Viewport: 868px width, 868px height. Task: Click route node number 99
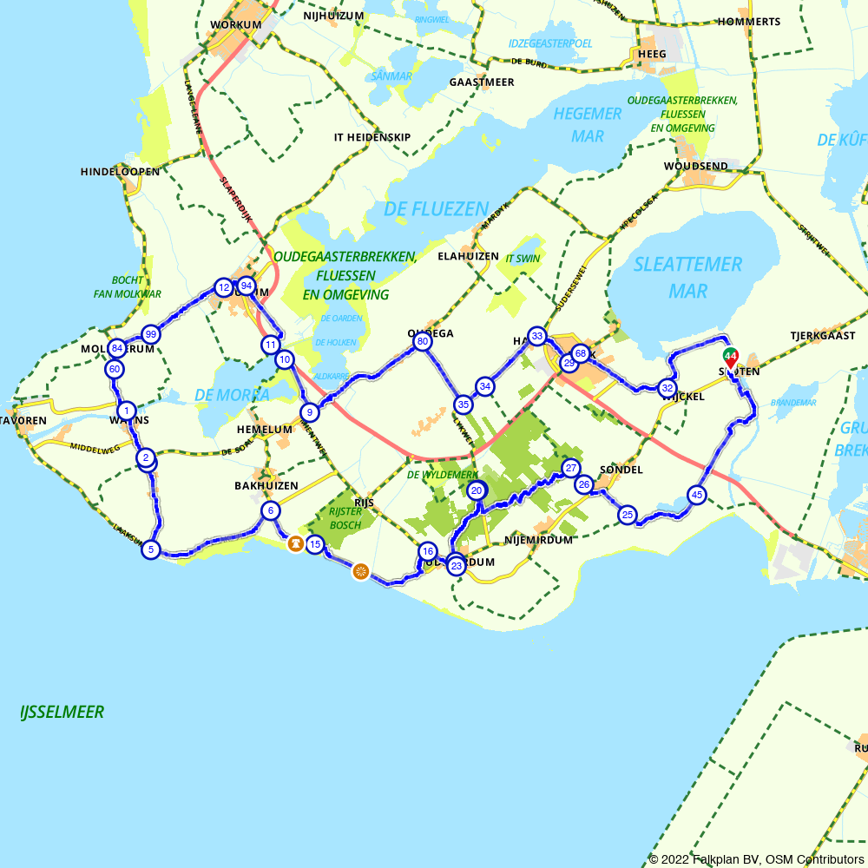pyautogui.click(x=151, y=334)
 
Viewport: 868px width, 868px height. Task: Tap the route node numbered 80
pyautogui.click(x=423, y=342)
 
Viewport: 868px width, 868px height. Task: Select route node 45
pyautogui.click(x=696, y=495)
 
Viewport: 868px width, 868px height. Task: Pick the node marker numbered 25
pyautogui.click(x=628, y=515)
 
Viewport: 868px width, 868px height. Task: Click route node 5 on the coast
pyautogui.click(x=151, y=549)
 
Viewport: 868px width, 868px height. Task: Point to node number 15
pyautogui.click(x=315, y=544)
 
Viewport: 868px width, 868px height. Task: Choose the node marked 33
pyautogui.click(x=537, y=336)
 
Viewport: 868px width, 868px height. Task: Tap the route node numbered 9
pyautogui.click(x=308, y=412)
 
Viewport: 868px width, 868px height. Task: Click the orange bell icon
pyautogui.click(x=295, y=544)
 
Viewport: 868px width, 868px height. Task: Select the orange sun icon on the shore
pyautogui.click(x=361, y=571)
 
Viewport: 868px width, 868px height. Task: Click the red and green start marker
pyautogui.click(x=731, y=357)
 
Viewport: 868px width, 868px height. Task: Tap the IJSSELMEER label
pyautogui.click(x=62, y=713)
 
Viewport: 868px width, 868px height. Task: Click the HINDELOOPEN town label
pyautogui.click(x=120, y=172)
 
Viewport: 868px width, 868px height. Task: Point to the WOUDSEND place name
pyautogui.click(x=695, y=166)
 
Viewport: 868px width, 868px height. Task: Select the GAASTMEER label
pyautogui.click(x=482, y=82)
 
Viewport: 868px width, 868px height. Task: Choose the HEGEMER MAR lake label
pyautogui.click(x=588, y=125)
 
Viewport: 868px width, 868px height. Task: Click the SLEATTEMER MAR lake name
pyautogui.click(x=687, y=277)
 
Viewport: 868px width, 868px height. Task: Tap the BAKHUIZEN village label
pyautogui.click(x=266, y=485)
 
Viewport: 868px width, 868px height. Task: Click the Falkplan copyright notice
pyautogui.click(x=756, y=859)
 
